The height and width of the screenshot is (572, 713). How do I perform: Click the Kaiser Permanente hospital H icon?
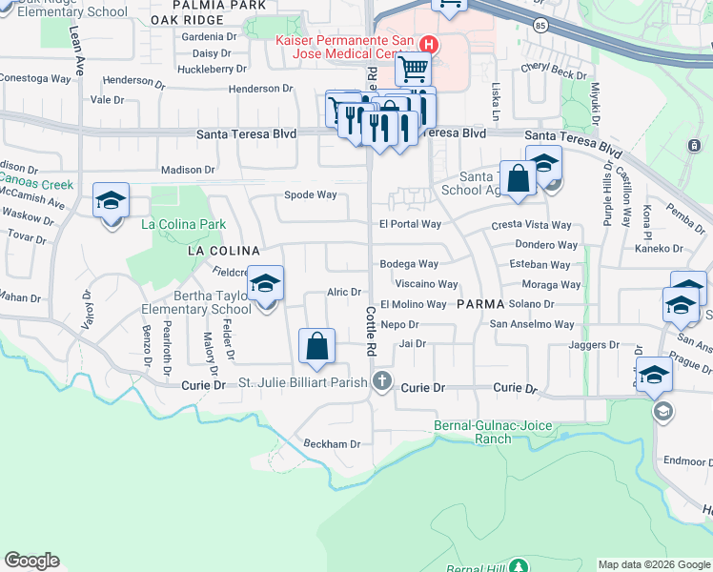point(430,44)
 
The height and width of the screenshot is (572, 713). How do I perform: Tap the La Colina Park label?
point(183,225)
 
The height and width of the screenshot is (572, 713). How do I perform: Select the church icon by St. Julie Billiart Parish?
point(382,381)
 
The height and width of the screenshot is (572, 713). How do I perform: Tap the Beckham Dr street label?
point(332,444)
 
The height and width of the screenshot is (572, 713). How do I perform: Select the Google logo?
point(32,561)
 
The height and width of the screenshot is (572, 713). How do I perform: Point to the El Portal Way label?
point(410,225)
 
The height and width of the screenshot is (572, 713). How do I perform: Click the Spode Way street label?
point(311,194)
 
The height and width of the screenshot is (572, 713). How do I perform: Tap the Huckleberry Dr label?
point(213,69)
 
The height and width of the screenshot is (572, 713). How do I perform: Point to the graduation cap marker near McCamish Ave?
point(112,202)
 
